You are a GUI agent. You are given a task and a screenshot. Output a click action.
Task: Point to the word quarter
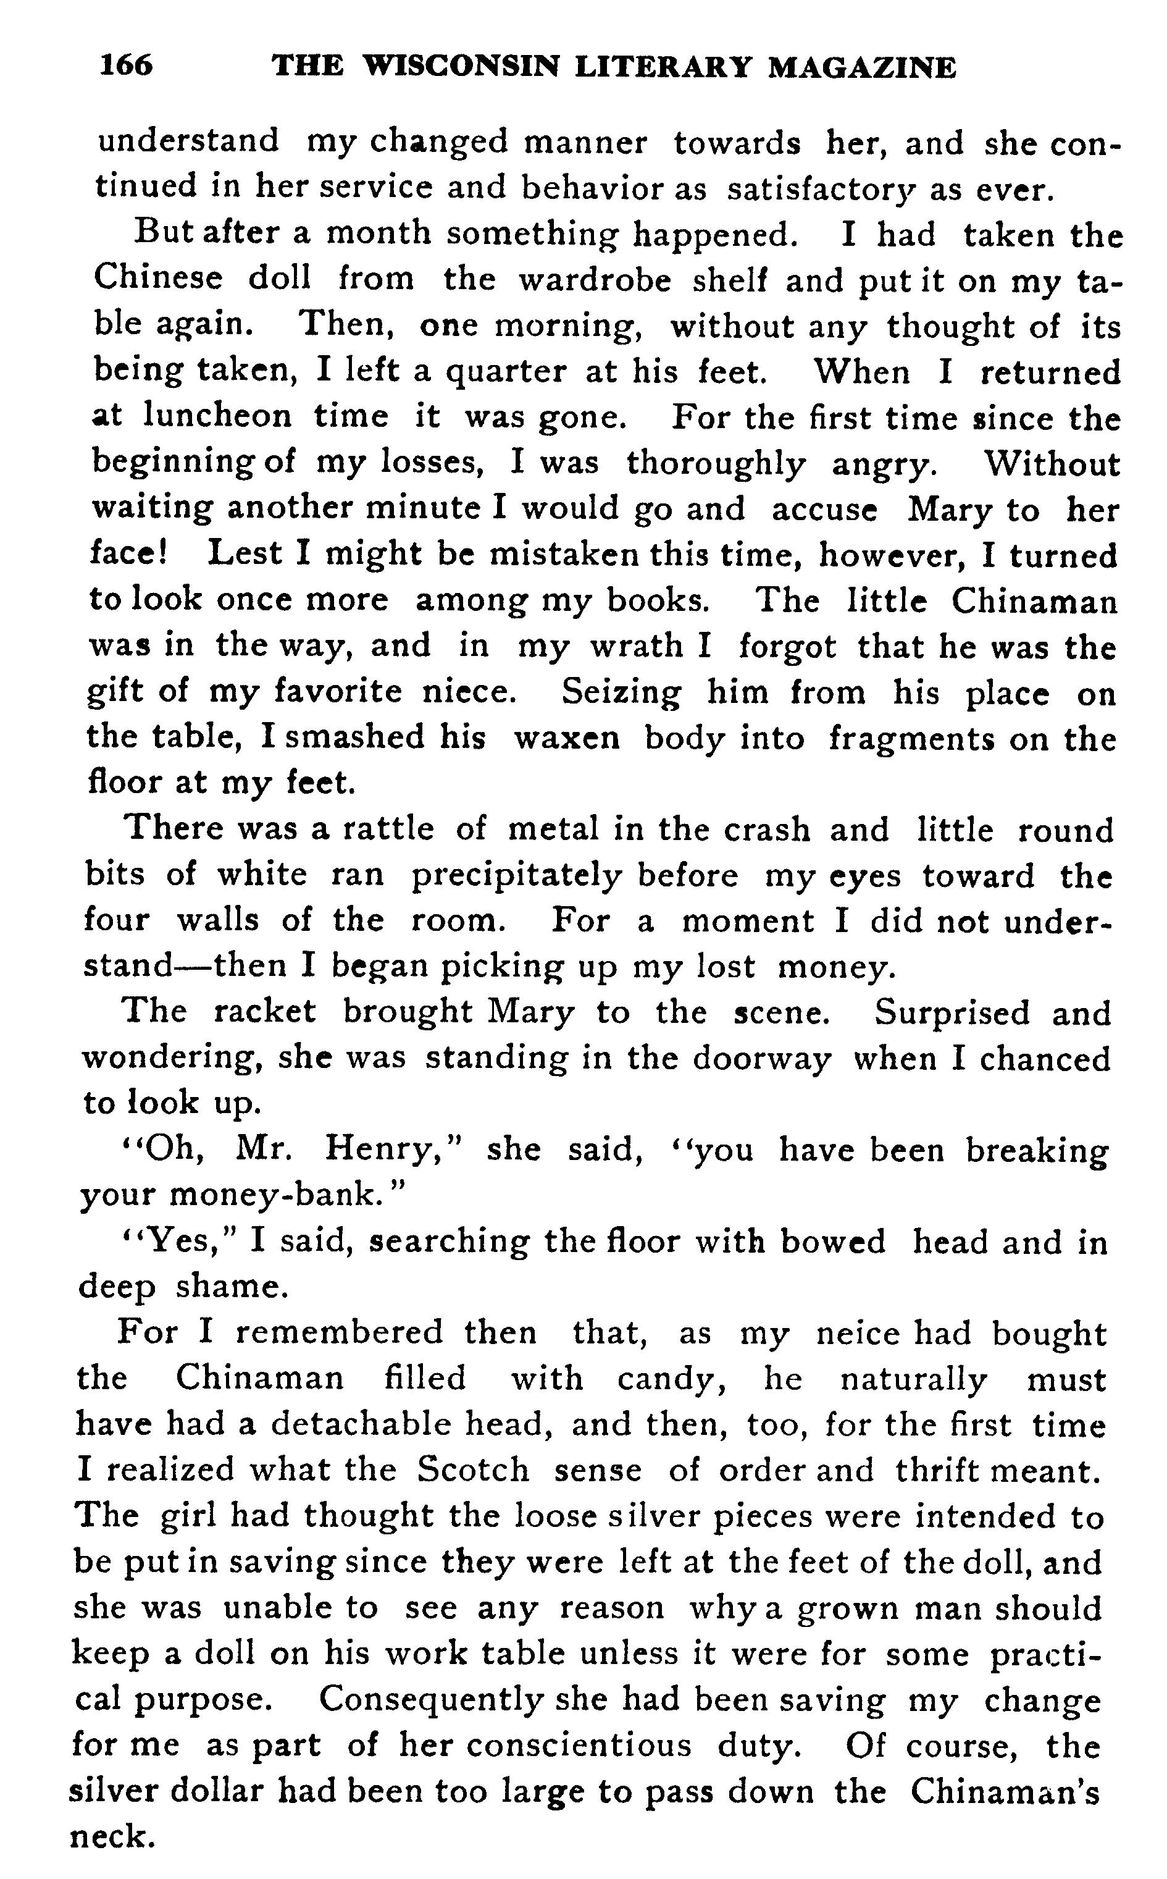tap(506, 372)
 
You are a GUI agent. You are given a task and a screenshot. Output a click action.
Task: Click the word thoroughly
tap(716, 463)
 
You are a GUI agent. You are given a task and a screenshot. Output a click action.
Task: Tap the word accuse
tap(824, 510)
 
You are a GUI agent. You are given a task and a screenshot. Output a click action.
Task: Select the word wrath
tap(637, 646)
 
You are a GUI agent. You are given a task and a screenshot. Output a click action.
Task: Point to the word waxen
tap(567, 738)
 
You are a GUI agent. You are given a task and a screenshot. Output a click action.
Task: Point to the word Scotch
tap(473, 1470)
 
